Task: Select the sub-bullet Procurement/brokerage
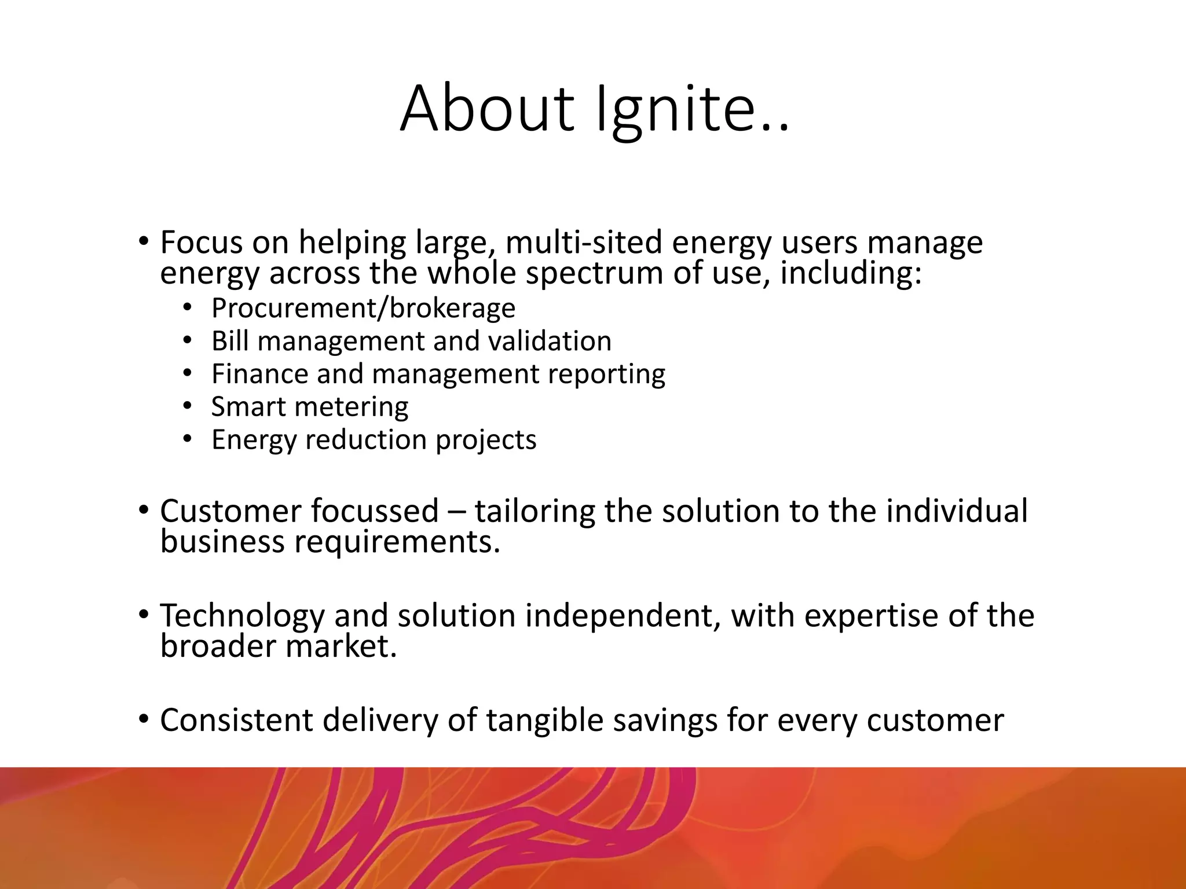tap(363, 308)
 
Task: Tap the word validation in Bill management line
tap(550, 341)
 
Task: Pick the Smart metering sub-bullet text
tap(309, 407)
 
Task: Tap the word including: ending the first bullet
tap(850, 273)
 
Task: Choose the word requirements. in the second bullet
tap(397, 542)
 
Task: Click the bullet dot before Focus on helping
tap(144, 240)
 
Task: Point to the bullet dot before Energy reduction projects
tap(186, 439)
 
